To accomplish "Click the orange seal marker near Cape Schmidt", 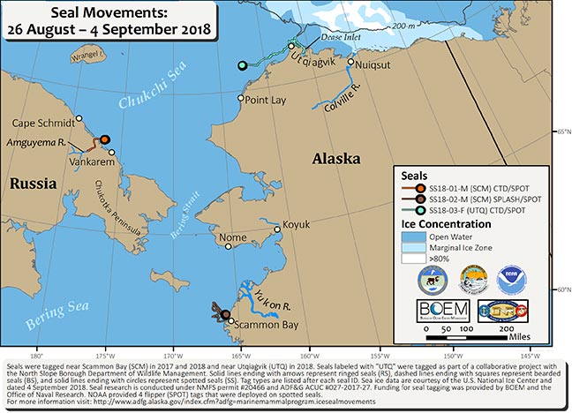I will click(104, 139).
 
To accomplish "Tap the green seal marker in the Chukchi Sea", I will click(242, 65).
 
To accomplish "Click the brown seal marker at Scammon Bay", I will click(225, 315).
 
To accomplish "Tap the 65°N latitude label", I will click(562, 131).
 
